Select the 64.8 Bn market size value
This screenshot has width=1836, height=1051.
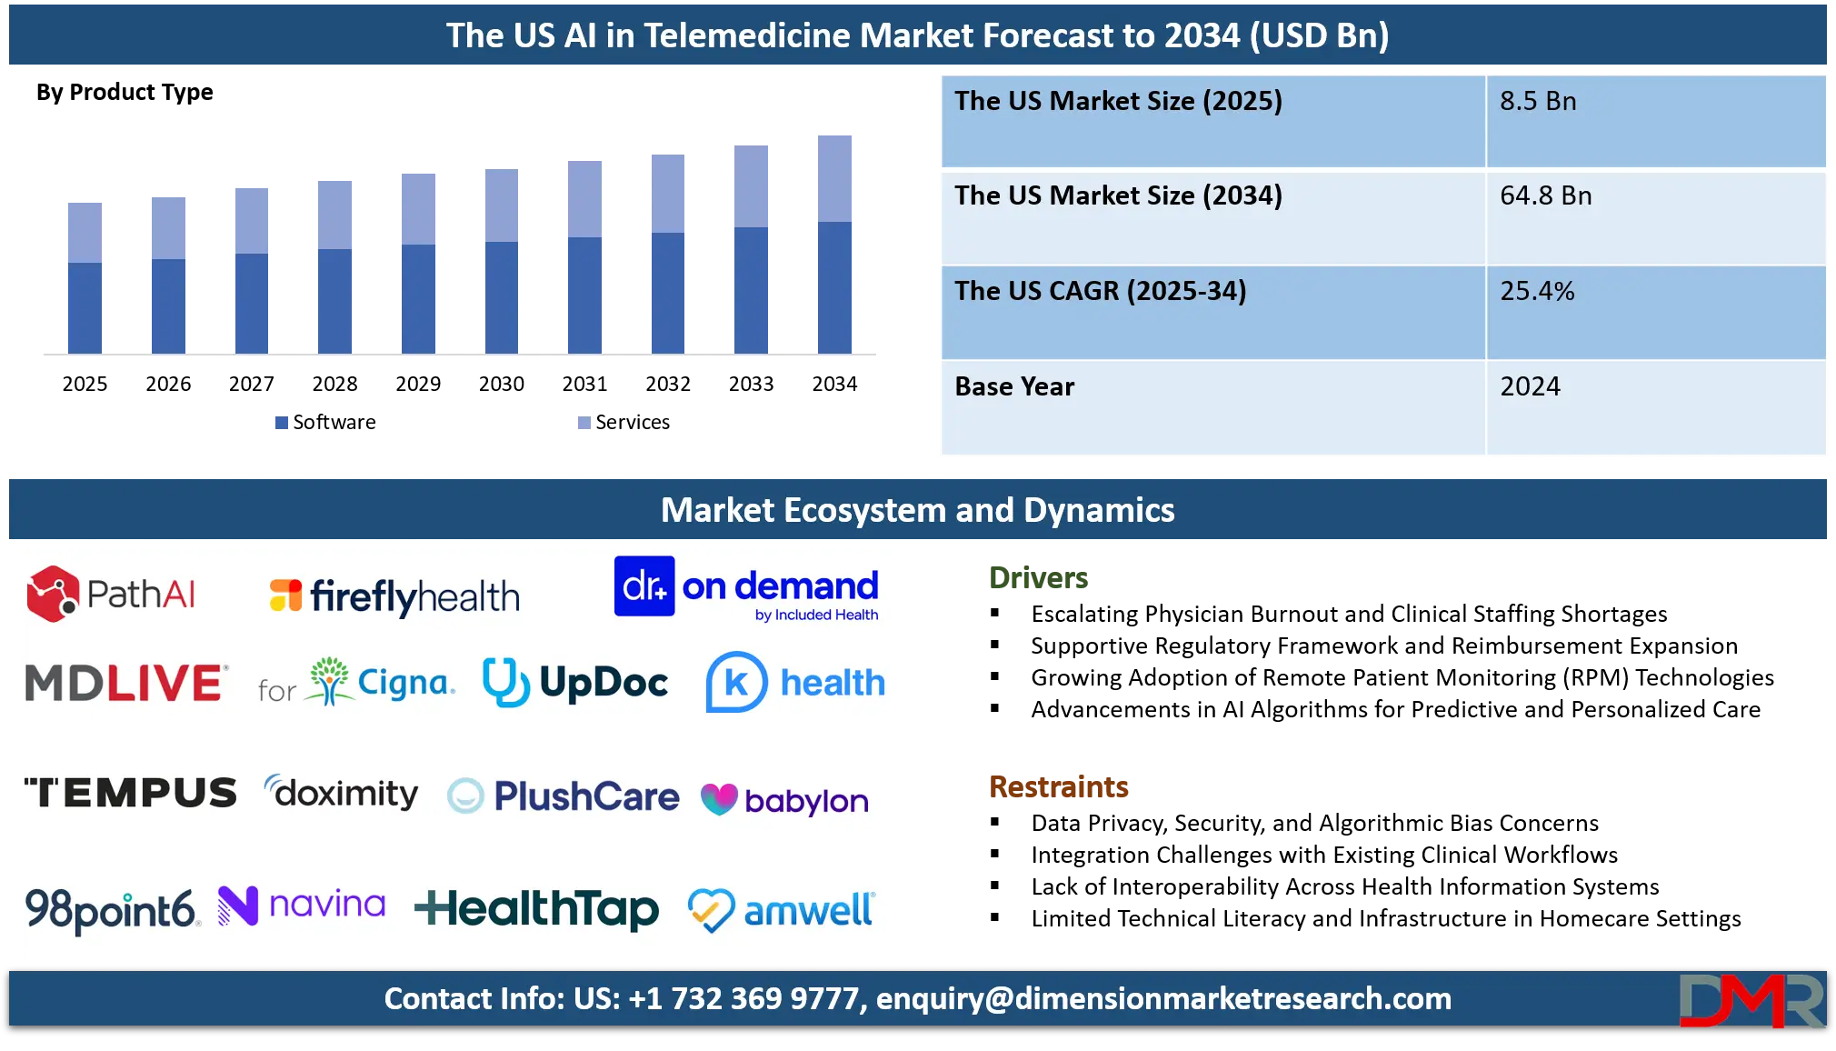[x=1545, y=196]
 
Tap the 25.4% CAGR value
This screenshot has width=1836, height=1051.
[x=1537, y=292]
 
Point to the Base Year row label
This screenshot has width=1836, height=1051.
[x=1014, y=387]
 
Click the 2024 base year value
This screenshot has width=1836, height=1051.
[x=1530, y=387]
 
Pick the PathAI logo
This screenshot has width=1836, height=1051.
[x=111, y=595]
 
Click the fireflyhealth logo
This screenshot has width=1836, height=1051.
[x=394, y=596]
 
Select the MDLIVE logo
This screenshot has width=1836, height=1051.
[x=125, y=684]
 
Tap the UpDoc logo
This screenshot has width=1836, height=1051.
[x=575, y=683]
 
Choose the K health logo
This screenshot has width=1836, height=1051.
[x=795, y=683]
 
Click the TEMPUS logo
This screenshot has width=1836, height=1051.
[x=130, y=793]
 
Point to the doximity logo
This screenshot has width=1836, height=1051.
[x=342, y=793]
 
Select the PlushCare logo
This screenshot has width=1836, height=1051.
[x=564, y=796]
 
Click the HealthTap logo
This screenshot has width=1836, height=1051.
[x=536, y=908]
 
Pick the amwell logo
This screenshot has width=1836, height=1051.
[x=781, y=909]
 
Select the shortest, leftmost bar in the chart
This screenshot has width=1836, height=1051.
[x=84, y=275]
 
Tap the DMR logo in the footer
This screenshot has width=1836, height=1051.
[x=1751, y=1001]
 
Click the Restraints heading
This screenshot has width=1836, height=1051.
[x=1060, y=786]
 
